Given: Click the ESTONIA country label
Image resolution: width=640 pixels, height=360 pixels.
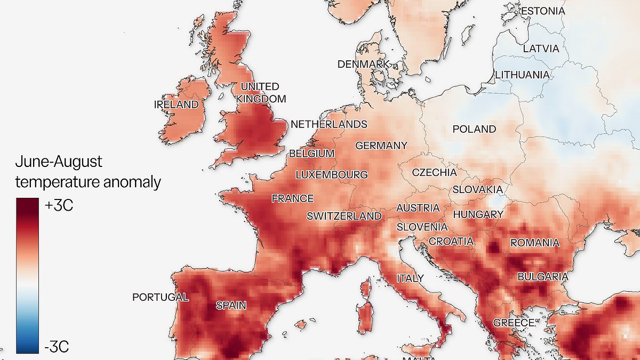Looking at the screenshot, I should (542, 11).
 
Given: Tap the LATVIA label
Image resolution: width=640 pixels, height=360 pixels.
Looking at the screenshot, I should (541, 49).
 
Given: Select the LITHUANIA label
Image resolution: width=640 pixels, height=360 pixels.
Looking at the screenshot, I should (522, 75).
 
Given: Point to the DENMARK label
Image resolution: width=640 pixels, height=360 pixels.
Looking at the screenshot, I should (364, 64).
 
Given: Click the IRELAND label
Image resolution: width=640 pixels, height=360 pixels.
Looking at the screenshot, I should (176, 105).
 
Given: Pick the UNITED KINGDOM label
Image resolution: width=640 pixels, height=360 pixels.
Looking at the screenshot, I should (261, 92).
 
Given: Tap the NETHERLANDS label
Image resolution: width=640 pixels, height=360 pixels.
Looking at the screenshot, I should (329, 124).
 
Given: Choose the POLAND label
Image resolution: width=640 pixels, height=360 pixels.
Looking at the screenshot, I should (474, 129).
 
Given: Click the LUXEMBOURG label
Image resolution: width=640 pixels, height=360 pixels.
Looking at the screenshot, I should (331, 174).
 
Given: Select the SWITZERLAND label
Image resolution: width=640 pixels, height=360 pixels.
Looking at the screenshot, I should (344, 216).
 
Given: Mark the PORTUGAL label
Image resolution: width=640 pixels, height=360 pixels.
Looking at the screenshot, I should (160, 297).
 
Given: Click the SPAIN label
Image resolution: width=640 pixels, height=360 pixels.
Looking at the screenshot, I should (231, 306).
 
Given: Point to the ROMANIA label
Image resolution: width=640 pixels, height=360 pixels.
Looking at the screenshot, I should (535, 243).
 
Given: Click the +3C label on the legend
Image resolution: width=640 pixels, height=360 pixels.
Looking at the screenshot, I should (59, 206).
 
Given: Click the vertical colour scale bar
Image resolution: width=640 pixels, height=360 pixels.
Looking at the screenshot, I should (27, 275).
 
